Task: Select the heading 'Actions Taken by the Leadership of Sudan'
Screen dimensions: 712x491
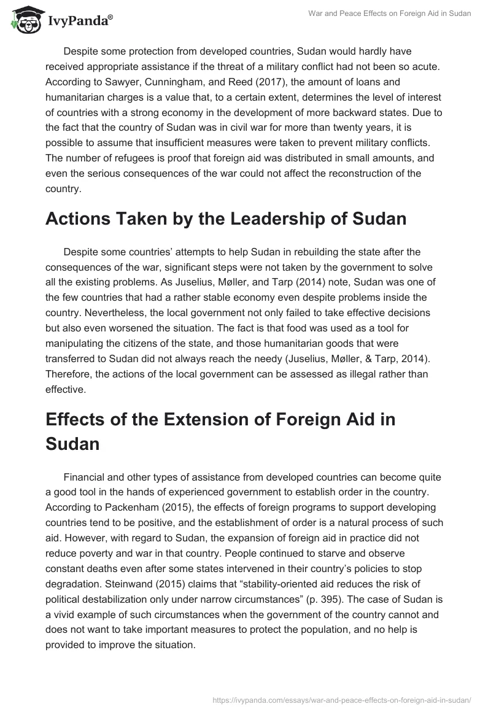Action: pos(226,219)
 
